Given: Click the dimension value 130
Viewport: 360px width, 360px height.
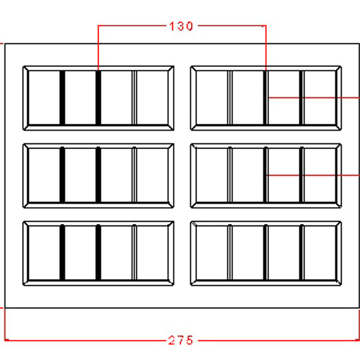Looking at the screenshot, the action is click(x=181, y=26).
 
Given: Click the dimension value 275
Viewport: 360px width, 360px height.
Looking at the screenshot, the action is click(x=181, y=340).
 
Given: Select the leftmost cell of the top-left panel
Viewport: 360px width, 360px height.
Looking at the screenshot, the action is click(x=44, y=98).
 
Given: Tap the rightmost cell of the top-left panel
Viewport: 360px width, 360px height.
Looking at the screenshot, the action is click(x=152, y=98).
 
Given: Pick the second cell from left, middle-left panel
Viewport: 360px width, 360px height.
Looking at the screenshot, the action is click(x=80, y=176).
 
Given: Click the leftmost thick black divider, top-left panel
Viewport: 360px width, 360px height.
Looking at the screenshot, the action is click(x=63, y=98).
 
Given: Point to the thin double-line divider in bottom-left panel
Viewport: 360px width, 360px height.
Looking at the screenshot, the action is click(x=135, y=253).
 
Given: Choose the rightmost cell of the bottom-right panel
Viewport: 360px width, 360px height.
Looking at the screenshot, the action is click(x=320, y=253).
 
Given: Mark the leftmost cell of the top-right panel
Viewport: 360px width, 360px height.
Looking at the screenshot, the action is click(x=212, y=98).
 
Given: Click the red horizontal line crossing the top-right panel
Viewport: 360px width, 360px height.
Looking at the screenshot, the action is click(x=314, y=98).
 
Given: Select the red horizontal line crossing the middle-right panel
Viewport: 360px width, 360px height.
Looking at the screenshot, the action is click(x=313, y=176).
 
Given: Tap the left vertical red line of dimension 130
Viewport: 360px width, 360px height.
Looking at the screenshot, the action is click(x=99, y=48).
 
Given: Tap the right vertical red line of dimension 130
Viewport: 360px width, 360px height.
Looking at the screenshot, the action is click(x=266, y=48).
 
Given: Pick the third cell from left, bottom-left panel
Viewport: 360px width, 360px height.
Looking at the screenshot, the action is click(x=116, y=253).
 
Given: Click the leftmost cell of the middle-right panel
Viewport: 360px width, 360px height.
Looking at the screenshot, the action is click(x=212, y=176).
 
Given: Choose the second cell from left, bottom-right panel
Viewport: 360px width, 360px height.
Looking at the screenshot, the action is click(x=248, y=253).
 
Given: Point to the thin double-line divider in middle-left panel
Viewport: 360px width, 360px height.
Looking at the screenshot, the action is click(x=135, y=175).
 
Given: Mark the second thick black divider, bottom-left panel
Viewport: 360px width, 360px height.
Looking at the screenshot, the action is click(x=99, y=253).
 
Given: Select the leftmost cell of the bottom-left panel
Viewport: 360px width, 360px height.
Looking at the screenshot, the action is click(x=44, y=253).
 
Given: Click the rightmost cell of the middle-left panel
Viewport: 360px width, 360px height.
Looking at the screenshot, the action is click(x=152, y=176).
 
